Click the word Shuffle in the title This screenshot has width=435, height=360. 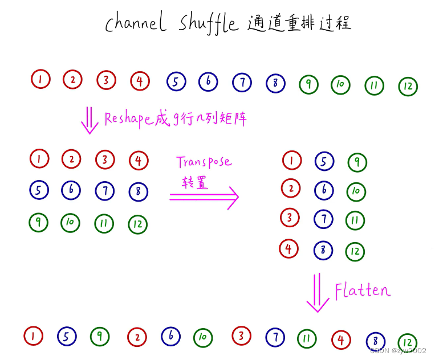click(209, 23)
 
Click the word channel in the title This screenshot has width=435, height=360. click(136, 23)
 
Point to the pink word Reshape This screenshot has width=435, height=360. click(128, 118)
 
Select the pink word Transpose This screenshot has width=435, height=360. click(204, 162)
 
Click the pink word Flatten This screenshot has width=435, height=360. click(363, 291)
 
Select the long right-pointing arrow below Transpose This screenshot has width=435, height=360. click(204, 197)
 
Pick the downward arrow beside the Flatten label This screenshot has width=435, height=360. click(318, 293)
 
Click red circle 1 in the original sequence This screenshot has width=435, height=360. click(40, 79)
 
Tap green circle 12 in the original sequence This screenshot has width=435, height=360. click(408, 87)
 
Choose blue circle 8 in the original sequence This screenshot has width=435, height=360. click(275, 83)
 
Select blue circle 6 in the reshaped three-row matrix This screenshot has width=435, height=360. click(71, 190)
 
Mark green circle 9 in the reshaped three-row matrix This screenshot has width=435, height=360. click(39, 222)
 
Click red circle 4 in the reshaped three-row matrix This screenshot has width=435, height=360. click(139, 161)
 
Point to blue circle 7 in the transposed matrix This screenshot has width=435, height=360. click(323, 219)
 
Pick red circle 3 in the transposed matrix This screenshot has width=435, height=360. click(290, 217)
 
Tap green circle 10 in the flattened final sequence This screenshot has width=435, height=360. click(203, 338)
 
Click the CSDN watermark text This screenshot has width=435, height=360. click(397, 350)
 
